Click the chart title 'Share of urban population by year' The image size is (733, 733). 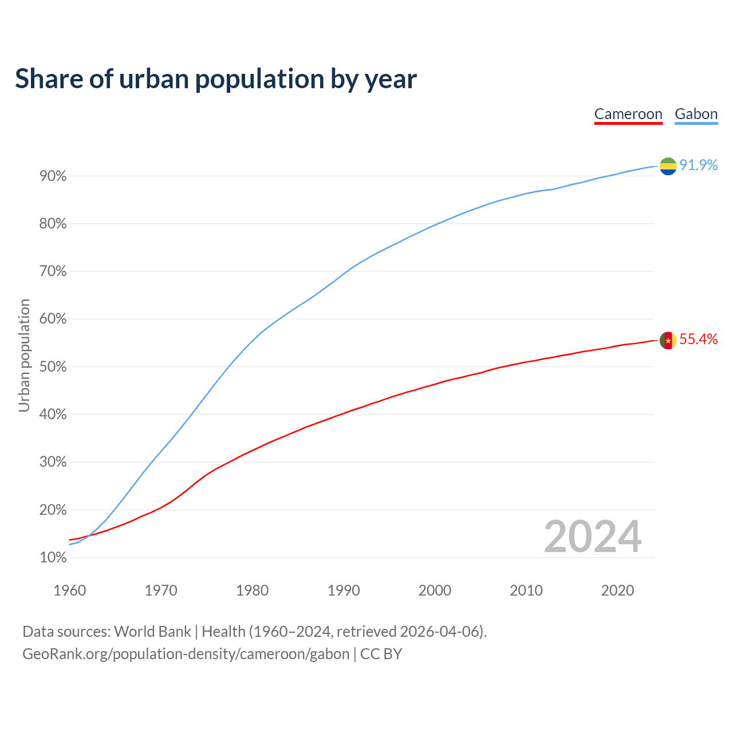[x=216, y=79]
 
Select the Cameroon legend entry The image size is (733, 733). [x=628, y=114]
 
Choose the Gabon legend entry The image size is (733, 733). [x=696, y=114]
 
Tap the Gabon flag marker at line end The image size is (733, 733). [x=668, y=166]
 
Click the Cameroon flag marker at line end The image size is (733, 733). [x=668, y=340]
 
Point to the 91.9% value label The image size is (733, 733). [x=699, y=165]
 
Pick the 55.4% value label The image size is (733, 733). [x=699, y=340]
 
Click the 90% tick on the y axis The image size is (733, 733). [x=53, y=176]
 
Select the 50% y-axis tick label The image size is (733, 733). [x=53, y=367]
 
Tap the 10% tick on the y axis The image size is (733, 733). [x=53, y=558]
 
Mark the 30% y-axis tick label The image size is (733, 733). [x=53, y=462]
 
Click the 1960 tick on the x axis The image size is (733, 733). [x=69, y=590]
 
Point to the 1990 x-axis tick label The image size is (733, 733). [x=344, y=590]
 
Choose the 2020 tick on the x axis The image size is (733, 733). [x=617, y=590]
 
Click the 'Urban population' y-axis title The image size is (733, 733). [x=24, y=355]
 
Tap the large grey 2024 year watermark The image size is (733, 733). [x=593, y=537]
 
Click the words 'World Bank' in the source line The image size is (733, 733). [x=152, y=632]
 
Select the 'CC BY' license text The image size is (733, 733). [x=381, y=654]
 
